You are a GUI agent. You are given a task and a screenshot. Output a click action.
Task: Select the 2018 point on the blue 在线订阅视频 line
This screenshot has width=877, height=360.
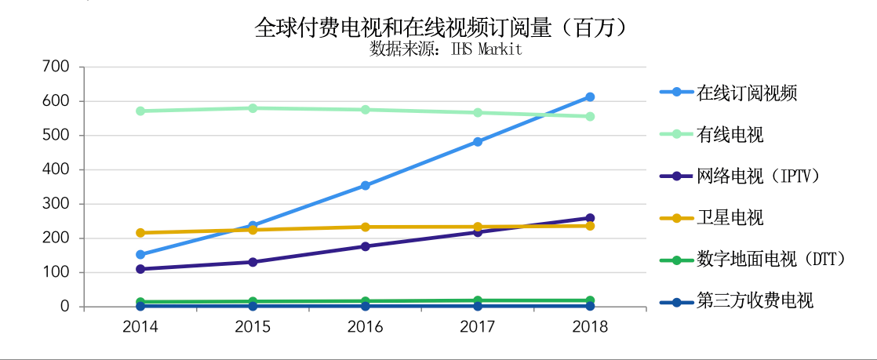pyautogui.click(x=590, y=97)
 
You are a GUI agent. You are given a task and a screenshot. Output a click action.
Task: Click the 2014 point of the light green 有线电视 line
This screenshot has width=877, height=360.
pyautogui.click(x=140, y=111)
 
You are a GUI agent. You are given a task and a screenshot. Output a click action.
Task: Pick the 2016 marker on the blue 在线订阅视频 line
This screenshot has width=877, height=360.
pyautogui.click(x=366, y=186)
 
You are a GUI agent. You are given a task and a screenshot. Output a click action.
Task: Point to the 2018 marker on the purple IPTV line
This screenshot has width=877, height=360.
pyautogui.click(x=590, y=218)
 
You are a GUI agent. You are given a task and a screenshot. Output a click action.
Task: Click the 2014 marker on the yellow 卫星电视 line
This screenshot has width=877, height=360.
pyautogui.click(x=140, y=233)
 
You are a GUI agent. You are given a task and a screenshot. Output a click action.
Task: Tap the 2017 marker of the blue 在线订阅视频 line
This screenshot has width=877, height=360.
pyautogui.click(x=478, y=142)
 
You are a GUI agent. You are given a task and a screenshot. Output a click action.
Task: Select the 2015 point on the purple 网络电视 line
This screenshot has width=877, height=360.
pyautogui.click(x=253, y=262)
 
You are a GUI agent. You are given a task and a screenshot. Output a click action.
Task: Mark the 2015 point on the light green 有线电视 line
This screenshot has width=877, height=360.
pyautogui.click(x=253, y=108)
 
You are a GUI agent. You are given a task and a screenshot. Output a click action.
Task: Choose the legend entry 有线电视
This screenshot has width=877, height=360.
pyautogui.click(x=730, y=135)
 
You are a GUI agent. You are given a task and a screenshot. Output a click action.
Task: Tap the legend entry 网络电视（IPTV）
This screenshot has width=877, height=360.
pyautogui.click(x=759, y=176)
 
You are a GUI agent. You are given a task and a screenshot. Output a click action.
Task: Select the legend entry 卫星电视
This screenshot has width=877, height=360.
pyautogui.click(x=730, y=217)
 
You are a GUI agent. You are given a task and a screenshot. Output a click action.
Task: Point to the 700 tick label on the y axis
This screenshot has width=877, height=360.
pyautogui.click(x=57, y=67)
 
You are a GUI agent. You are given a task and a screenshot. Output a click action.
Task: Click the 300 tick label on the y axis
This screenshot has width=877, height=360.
pyautogui.click(x=57, y=204)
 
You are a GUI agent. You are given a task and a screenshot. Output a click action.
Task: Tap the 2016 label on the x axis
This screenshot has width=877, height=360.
pyautogui.click(x=366, y=326)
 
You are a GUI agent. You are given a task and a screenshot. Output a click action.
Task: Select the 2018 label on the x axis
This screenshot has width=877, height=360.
pyautogui.click(x=590, y=326)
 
